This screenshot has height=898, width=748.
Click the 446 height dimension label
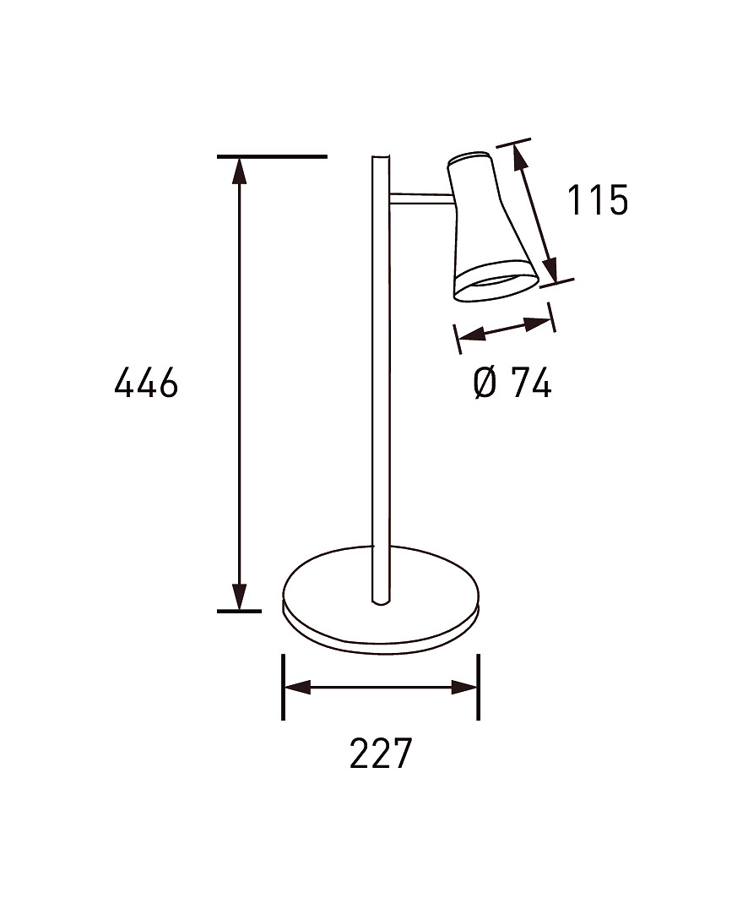147,383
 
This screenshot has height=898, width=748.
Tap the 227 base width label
381,753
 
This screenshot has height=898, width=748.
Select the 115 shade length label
598,200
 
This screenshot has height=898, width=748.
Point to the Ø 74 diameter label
512,383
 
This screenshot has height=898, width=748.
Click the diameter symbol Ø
485,383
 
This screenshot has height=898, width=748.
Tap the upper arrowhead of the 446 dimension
239,170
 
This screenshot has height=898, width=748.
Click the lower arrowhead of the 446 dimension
239,597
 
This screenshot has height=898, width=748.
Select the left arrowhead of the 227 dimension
298,688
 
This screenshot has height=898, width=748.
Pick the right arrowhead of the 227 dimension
464,688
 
